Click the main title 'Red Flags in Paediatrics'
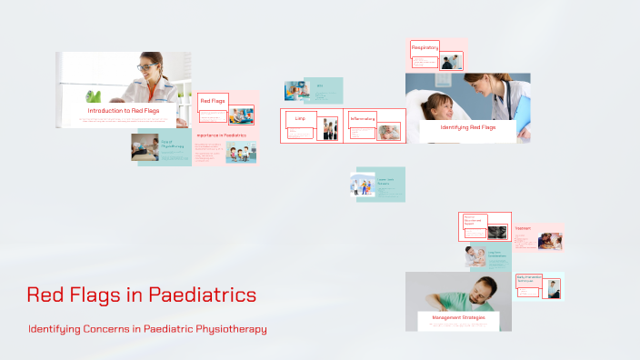pos(141,295)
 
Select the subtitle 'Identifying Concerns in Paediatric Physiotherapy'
pos(147,328)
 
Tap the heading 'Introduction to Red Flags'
pos(124,111)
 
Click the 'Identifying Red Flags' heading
pos(467,127)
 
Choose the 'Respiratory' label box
pos(425,47)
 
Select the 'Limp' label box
pos(300,117)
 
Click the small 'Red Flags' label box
pos(212,101)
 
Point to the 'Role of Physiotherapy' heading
pos(172,143)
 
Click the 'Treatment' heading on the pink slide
pos(523,229)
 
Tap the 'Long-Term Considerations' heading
pos(496,255)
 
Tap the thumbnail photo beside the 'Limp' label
pos(328,129)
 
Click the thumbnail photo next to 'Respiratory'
pos(451,61)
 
